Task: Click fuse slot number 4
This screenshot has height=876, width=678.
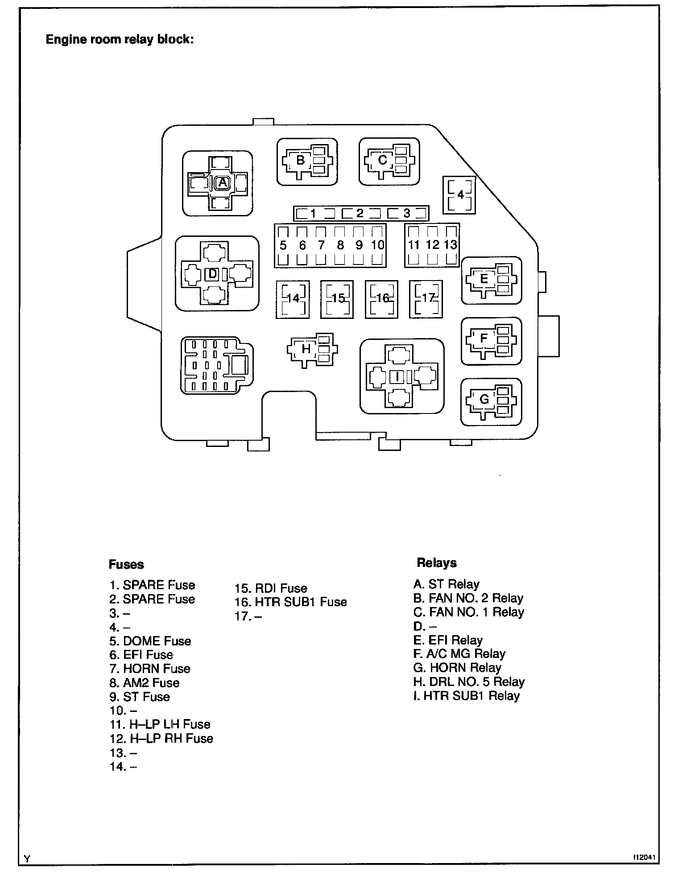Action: pyautogui.click(x=459, y=195)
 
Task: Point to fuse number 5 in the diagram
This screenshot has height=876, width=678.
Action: pyautogui.click(x=283, y=245)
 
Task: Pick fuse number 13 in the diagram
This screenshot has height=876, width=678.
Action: pyautogui.click(x=451, y=245)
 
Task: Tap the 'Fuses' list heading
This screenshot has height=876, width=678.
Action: pyautogui.click(x=126, y=564)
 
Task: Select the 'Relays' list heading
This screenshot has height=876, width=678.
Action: pyautogui.click(x=437, y=562)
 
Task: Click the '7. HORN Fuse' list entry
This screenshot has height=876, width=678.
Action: pyautogui.click(x=150, y=669)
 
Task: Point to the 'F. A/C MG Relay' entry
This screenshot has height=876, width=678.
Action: pyautogui.click(x=459, y=654)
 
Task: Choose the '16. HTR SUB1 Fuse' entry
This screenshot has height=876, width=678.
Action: pyautogui.click(x=291, y=602)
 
